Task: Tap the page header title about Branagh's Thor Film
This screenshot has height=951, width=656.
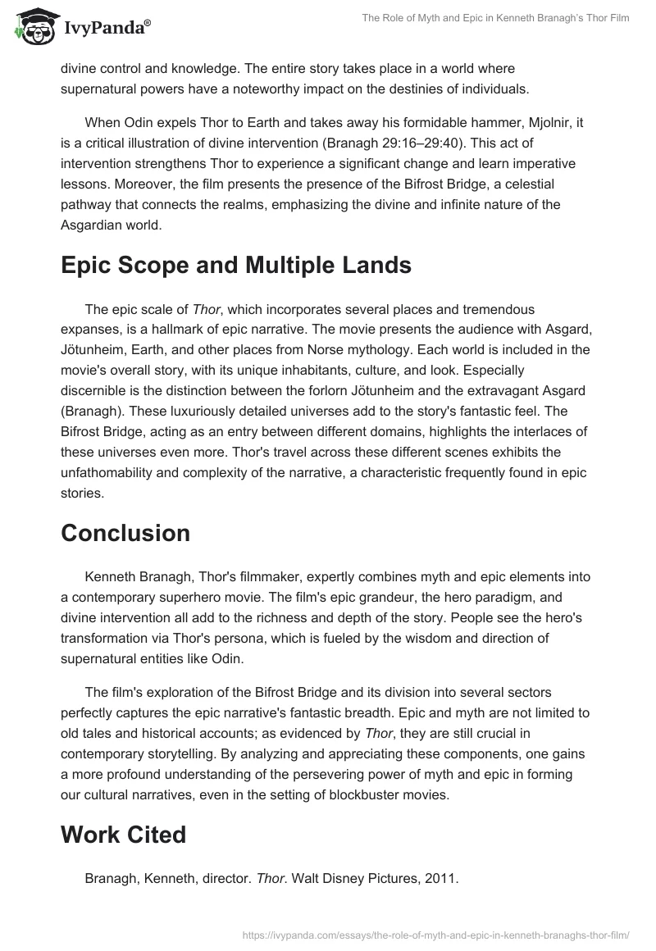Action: [494, 18]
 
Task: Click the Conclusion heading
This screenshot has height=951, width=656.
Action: [125, 533]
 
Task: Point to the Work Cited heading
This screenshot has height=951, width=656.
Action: [123, 835]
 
